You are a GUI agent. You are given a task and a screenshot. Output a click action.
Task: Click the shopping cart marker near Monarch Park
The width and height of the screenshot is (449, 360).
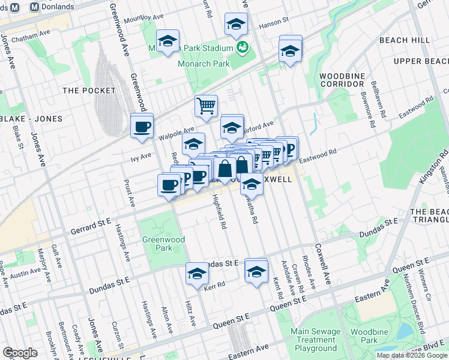pyautogui.click(x=206, y=106)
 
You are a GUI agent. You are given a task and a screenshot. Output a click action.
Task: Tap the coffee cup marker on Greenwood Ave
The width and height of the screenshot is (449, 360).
pyautogui.click(x=142, y=127)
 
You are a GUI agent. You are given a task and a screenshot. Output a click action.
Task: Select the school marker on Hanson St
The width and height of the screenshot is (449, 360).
pyautogui.click(x=237, y=25)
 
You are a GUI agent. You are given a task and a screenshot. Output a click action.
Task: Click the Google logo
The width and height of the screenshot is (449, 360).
pyautogui.click(x=20, y=353)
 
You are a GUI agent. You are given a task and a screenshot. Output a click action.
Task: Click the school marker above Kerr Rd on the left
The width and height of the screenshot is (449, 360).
pyautogui.click(x=196, y=273)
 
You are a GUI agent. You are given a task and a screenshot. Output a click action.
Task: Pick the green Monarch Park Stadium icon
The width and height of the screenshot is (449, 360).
pyautogui.click(x=243, y=47)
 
